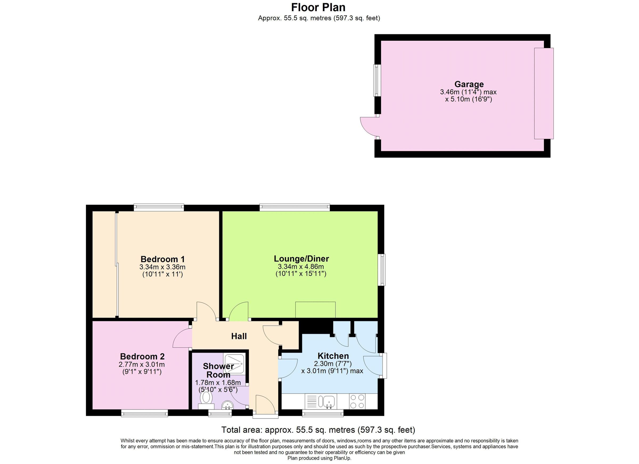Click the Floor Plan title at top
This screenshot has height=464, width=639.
click(318, 8)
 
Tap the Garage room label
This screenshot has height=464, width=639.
click(469, 84)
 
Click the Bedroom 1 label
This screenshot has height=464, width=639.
click(163, 259)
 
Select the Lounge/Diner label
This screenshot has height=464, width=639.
click(301, 258)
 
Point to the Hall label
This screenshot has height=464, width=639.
click(239, 336)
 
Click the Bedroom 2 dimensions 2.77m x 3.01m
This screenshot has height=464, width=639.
click(142, 364)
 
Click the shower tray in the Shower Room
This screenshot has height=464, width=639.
click(234, 364)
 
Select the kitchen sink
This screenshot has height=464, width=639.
click(328, 401)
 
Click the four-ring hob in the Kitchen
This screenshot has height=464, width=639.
click(357, 401)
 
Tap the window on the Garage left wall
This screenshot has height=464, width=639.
click(377, 81)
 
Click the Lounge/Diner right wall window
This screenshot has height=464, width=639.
click(382, 270)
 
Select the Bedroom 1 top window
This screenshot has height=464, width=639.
click(159, 208)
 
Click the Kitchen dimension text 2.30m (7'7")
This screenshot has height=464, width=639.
click(333, 363)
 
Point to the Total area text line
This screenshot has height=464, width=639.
click(318, 430)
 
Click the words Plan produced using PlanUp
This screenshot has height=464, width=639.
click(319, 458)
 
